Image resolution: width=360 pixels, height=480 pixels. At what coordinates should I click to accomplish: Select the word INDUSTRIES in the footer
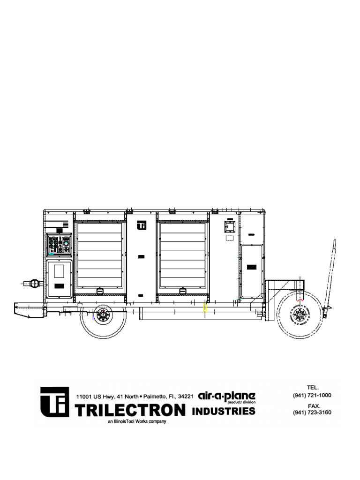tap(224, 411)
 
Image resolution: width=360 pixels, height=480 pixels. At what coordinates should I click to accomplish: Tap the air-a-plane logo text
tap(226, 397)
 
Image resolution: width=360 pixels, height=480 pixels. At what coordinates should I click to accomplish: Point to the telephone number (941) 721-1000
tap(312, 395)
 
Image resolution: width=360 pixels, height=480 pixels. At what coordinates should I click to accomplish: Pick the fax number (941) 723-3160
tap(312, 412)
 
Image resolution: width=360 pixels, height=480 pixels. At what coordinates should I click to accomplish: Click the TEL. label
tap(313, 388)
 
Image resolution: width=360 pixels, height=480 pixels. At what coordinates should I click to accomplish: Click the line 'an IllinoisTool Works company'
tap(137, 421)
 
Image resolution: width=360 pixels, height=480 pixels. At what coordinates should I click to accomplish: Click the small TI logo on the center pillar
tap(142, 225)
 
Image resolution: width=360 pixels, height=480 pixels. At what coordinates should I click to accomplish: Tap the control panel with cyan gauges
tap(60, 244)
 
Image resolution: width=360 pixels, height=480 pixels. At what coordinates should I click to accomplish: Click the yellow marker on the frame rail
tap(205, 307)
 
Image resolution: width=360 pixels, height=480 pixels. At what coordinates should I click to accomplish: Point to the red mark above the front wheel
tap(300, 297)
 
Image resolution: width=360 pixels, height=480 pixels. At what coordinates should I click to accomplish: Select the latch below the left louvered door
tap(100, 292)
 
